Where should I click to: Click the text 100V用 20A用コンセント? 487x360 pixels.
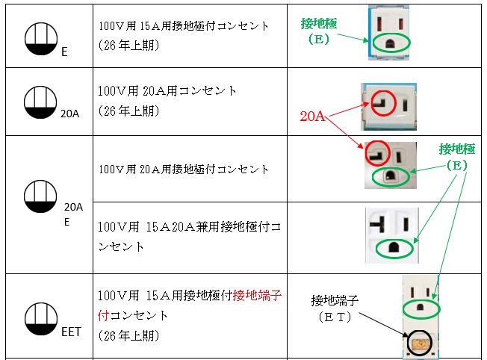pyautogui.click(x=167, y=91)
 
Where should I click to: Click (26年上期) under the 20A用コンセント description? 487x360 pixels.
pyautogui.click(x=128, y=110)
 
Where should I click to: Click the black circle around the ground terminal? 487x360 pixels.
pyautogui.click(x=418, y=341)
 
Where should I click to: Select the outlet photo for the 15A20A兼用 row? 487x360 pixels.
pyautogui.click(x=392, y=235)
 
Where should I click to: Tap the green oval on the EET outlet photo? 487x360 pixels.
pyautogui.click(x=421, y=307)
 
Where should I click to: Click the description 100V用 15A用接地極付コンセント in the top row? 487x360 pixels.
pyautogui.click(x=184, y=26)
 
